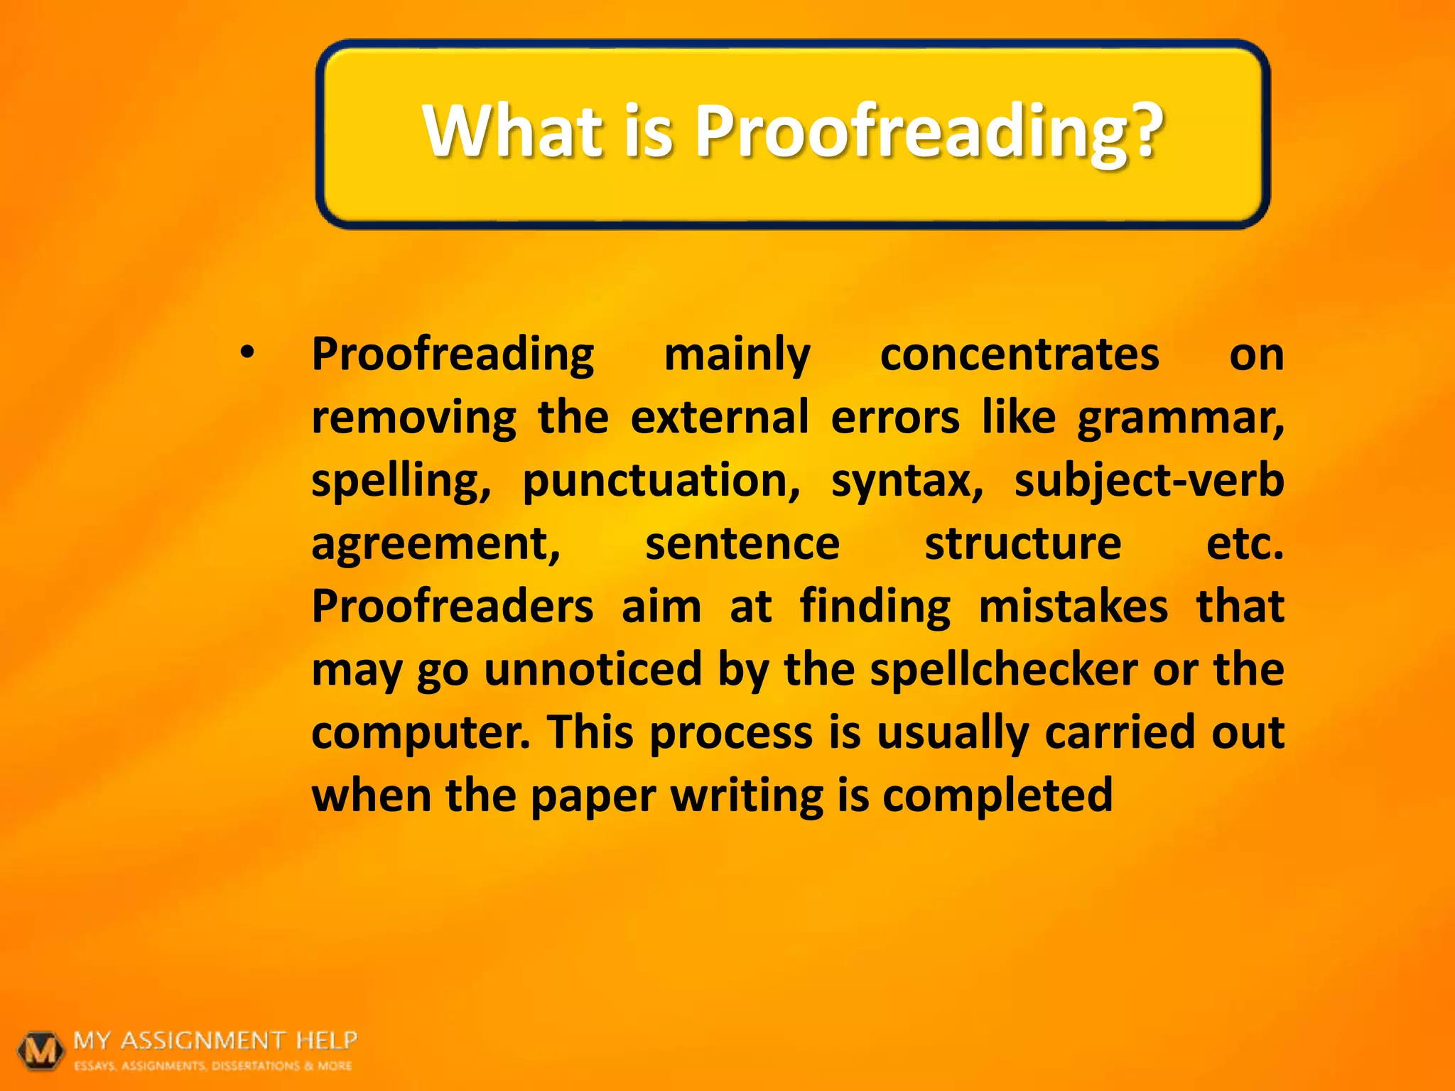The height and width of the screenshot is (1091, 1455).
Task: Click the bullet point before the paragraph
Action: pyautogui.click(x=247, y=352)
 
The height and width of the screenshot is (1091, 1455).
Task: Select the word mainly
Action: pyautogui.click(x=737, y=355)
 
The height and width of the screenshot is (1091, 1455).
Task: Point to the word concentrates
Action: pyautogui.click(x=1019, y=355)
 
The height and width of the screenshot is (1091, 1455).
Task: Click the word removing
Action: pyautogui.click(x=413, y=418)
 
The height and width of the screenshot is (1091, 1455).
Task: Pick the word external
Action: pyautogui.click(x=720, y=418)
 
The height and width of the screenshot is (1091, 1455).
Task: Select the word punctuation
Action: pyautogui.click(x=661, y=482)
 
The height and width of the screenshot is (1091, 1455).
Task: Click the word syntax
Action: pyautogui.click(x=907, y=482)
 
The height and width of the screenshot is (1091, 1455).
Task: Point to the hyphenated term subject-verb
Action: pyautogui.click(x=1149, y=482)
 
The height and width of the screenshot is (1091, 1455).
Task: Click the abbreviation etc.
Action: pyautogui.click(x=1245, y=544)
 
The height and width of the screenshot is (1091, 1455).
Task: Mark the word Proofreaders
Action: pyautogui.click(x=453, y=607)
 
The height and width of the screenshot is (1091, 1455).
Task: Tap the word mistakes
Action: pyautogui.click(x=1073, y=607)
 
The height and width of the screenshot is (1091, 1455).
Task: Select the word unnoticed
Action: pyautogui.click(x=593, y=670)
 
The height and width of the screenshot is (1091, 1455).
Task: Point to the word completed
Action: pyautogui.click(x=997, y=796)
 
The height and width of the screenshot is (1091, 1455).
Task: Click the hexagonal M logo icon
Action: pyautogui.click(x=41, y=1049)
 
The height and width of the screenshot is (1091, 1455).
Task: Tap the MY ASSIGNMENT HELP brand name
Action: pyautogui.click(x=215, y=1041)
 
